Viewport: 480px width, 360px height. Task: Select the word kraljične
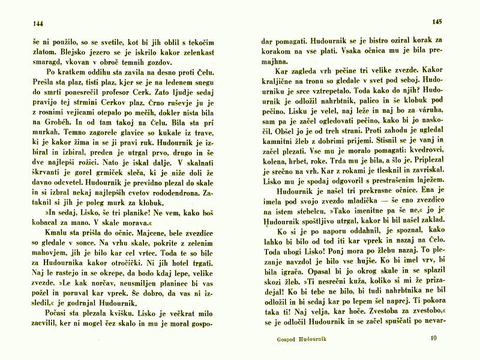[280, 81]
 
